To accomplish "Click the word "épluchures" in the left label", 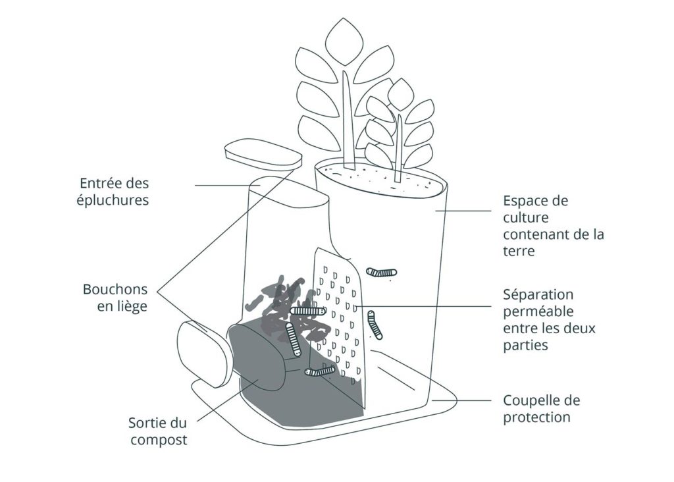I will [114, 200].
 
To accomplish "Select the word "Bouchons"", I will [114, 290].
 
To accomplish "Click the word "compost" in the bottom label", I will [159, 439].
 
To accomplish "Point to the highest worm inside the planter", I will [382, 271].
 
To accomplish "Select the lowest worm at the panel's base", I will [320, 372].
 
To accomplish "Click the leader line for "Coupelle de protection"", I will [461, 400].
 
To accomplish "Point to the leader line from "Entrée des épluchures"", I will [224, 185].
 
